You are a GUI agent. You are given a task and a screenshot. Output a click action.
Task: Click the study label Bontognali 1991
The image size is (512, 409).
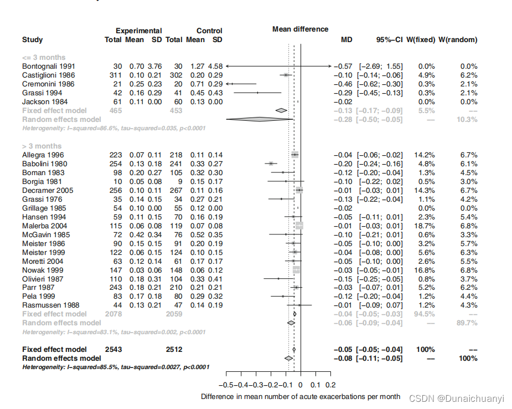pyautogui.click(x=49, y=67)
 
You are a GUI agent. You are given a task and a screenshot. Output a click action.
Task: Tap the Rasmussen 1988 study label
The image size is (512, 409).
pyautogui.click(x=50, y=305)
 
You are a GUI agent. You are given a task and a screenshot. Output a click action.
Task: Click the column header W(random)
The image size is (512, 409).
pyautogui.click(x=458, y=40)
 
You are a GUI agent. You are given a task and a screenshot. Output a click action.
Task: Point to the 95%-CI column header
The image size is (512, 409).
pyautogui.click(x=390, y=40)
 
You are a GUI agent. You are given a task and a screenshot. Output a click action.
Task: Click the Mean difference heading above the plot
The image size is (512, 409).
pyautogui.click(x=300, y=29)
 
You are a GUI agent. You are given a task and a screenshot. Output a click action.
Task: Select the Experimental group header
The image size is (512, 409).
pyautogui.click(x=138, y=31)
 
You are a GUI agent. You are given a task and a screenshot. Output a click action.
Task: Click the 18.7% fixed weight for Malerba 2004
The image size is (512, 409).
pyautogui.click(x=424, y=226)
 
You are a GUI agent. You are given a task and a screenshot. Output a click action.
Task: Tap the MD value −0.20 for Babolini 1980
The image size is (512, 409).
pyautogui.click(x=343, y=164)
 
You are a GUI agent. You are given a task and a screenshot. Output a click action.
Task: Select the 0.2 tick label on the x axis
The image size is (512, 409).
pyautogui.click(x=330, y=385)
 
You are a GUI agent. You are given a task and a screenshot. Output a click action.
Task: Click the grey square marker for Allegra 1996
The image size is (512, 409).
pyautogui.click(x=294, y=155)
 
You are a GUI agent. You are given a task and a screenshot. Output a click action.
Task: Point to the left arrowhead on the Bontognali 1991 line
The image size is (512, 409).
pyautogui.click(x=227, y=67)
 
